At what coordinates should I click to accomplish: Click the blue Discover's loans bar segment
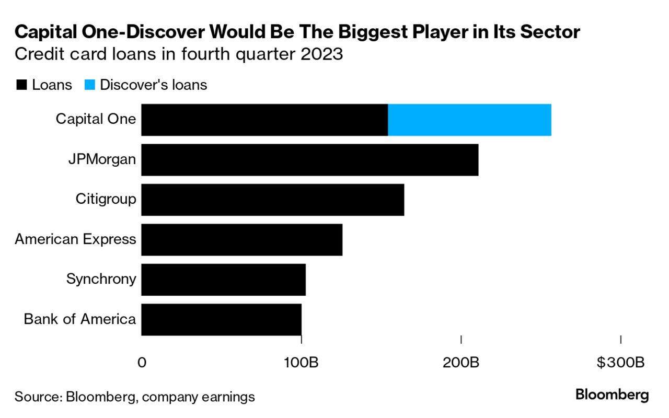[469, 120]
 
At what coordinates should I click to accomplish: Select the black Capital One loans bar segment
[264, 120]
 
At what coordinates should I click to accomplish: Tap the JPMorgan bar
[309, 160]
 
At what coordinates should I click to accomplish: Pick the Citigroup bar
[272, 200]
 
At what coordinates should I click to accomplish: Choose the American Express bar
[241, 240]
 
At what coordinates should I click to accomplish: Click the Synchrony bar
[223, 280]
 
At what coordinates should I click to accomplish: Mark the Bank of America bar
[221, 319]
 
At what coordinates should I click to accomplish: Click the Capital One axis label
[96, 119]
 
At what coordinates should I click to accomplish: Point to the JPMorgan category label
[102, 159]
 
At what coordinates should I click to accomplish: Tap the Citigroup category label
[106, 199]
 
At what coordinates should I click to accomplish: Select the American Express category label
[75, 239]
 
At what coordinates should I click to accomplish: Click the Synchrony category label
[101, 279]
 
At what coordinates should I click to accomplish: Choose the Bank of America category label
[79, 319]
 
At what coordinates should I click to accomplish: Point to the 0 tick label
[142, 362]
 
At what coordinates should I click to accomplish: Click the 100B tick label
[301, 362]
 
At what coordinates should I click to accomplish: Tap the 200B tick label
[461, 362]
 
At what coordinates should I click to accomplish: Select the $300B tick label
[620, 362]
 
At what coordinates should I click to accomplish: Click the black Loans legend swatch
[21, 85]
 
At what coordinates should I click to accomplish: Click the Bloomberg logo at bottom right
[612, 395]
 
